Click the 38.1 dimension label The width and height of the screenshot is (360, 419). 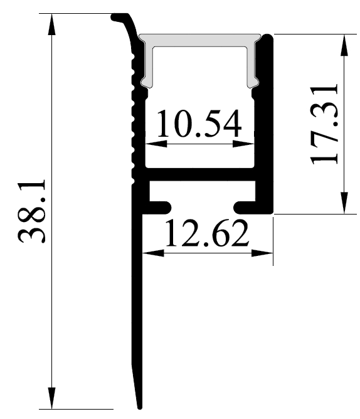click(32, 211)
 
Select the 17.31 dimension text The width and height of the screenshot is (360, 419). click(324, 124)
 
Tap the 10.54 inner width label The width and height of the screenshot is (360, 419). click(199, 123)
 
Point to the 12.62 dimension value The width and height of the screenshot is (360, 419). click(207, 233)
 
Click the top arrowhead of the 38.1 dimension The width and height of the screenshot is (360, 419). click(51, 24)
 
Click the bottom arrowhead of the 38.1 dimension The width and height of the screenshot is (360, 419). click(51, 398)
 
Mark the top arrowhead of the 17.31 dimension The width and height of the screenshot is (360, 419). click(344, 45)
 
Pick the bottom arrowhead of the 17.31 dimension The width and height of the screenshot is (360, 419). click(344, 203)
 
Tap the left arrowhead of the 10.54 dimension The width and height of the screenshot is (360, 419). click(156, 144)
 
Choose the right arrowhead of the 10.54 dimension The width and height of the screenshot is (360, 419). click(243, 144)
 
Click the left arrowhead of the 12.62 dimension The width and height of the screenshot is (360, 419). click(153, 253)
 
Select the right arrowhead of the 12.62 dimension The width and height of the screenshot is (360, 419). click(262, 253)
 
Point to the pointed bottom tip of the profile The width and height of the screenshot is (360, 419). click(139, 408)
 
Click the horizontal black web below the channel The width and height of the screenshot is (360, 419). click(200, 174)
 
